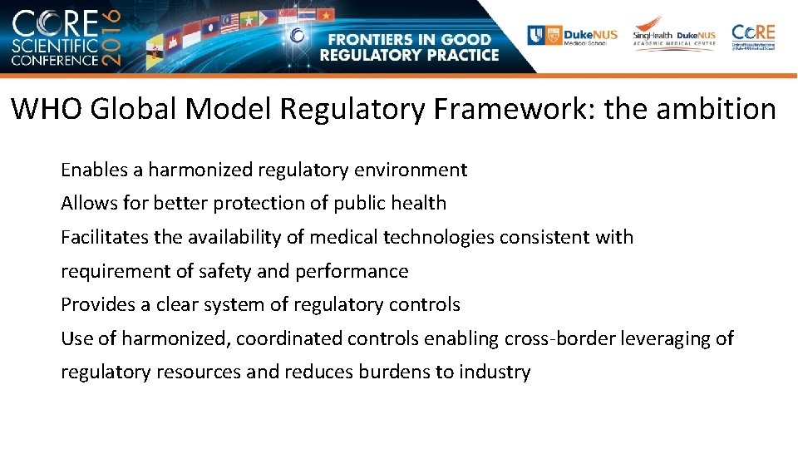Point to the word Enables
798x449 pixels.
(x=91, y=170)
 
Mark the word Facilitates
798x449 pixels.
(x=98, y=238)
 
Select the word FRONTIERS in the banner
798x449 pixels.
(x=372, y=39)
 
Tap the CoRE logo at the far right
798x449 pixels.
(x=753, y=36)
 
